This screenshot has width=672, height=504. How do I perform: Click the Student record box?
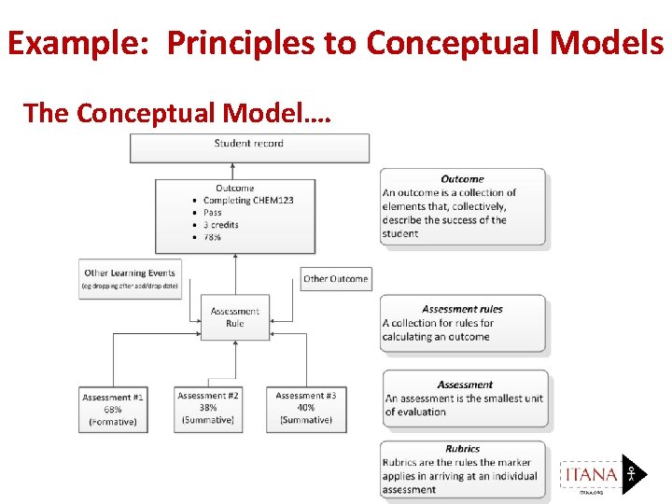(x=249, y=147)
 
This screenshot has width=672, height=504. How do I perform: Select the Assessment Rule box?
(x=234, y=317)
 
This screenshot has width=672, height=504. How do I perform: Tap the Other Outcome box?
(x=335, y=278)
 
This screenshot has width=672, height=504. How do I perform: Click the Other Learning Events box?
(x=130, y=278)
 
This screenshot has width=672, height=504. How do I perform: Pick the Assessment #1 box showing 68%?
(x=113, y=409)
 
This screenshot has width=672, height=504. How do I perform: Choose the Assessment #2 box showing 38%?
(x=208, y=408)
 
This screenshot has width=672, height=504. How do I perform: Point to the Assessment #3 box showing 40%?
(x=306, y=408)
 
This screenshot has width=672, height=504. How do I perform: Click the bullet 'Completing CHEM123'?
(x=248, y=200)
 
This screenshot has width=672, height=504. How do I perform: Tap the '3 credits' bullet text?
(x=221, y=225)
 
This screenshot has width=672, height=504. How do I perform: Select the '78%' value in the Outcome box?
(x=213, y=237)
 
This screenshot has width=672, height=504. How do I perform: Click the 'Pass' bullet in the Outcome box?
(x=213, y=213)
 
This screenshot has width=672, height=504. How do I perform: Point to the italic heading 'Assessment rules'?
(x=462, y=309)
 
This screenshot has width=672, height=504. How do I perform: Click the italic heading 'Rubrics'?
(x=463, y=449)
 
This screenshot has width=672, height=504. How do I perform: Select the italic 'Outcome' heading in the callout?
(x=462, y=178)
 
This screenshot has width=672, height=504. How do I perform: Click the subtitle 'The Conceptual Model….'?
(x=175, y=113)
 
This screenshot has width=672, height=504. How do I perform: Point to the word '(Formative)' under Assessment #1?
(x=113, y=422)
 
